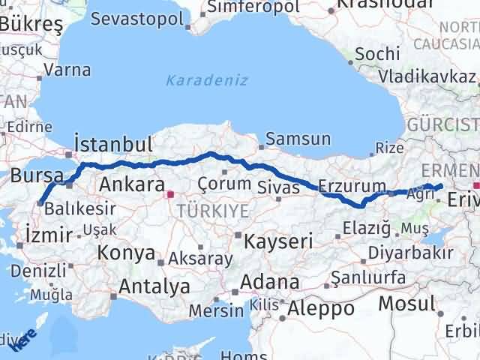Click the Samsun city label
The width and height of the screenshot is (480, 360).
298,139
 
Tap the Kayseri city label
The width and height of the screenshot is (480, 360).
282,241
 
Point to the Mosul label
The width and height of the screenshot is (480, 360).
406,304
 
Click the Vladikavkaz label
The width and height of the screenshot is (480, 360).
427,76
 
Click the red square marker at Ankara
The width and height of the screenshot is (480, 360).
170,193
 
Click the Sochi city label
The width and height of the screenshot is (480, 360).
372,55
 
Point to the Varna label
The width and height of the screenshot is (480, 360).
67,70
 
